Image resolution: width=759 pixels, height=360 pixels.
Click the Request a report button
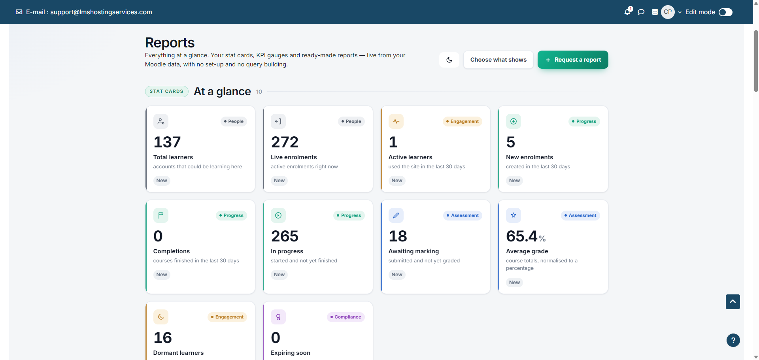573,60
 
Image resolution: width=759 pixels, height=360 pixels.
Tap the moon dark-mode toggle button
449,60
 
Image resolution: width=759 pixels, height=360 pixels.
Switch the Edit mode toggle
725,12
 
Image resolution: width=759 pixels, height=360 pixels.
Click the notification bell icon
627,12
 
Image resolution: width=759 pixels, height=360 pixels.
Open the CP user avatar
668,12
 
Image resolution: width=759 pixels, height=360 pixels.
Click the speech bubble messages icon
641,12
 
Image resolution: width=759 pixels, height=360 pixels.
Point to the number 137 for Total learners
167,142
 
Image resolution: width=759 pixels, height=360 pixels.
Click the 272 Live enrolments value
285,142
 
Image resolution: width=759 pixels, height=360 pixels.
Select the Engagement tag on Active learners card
462,121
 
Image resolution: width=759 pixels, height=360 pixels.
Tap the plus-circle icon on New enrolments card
514,121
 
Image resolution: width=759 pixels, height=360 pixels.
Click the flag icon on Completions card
161,215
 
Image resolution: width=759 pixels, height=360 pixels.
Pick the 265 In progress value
285,236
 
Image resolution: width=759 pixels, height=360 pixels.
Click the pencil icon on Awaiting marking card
396,215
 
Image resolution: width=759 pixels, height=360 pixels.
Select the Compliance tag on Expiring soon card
346,317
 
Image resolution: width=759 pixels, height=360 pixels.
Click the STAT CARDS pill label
166,91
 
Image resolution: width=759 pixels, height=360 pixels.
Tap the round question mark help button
733,340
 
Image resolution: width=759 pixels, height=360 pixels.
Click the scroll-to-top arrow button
733,302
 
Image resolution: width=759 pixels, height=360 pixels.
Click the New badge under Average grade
514,282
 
